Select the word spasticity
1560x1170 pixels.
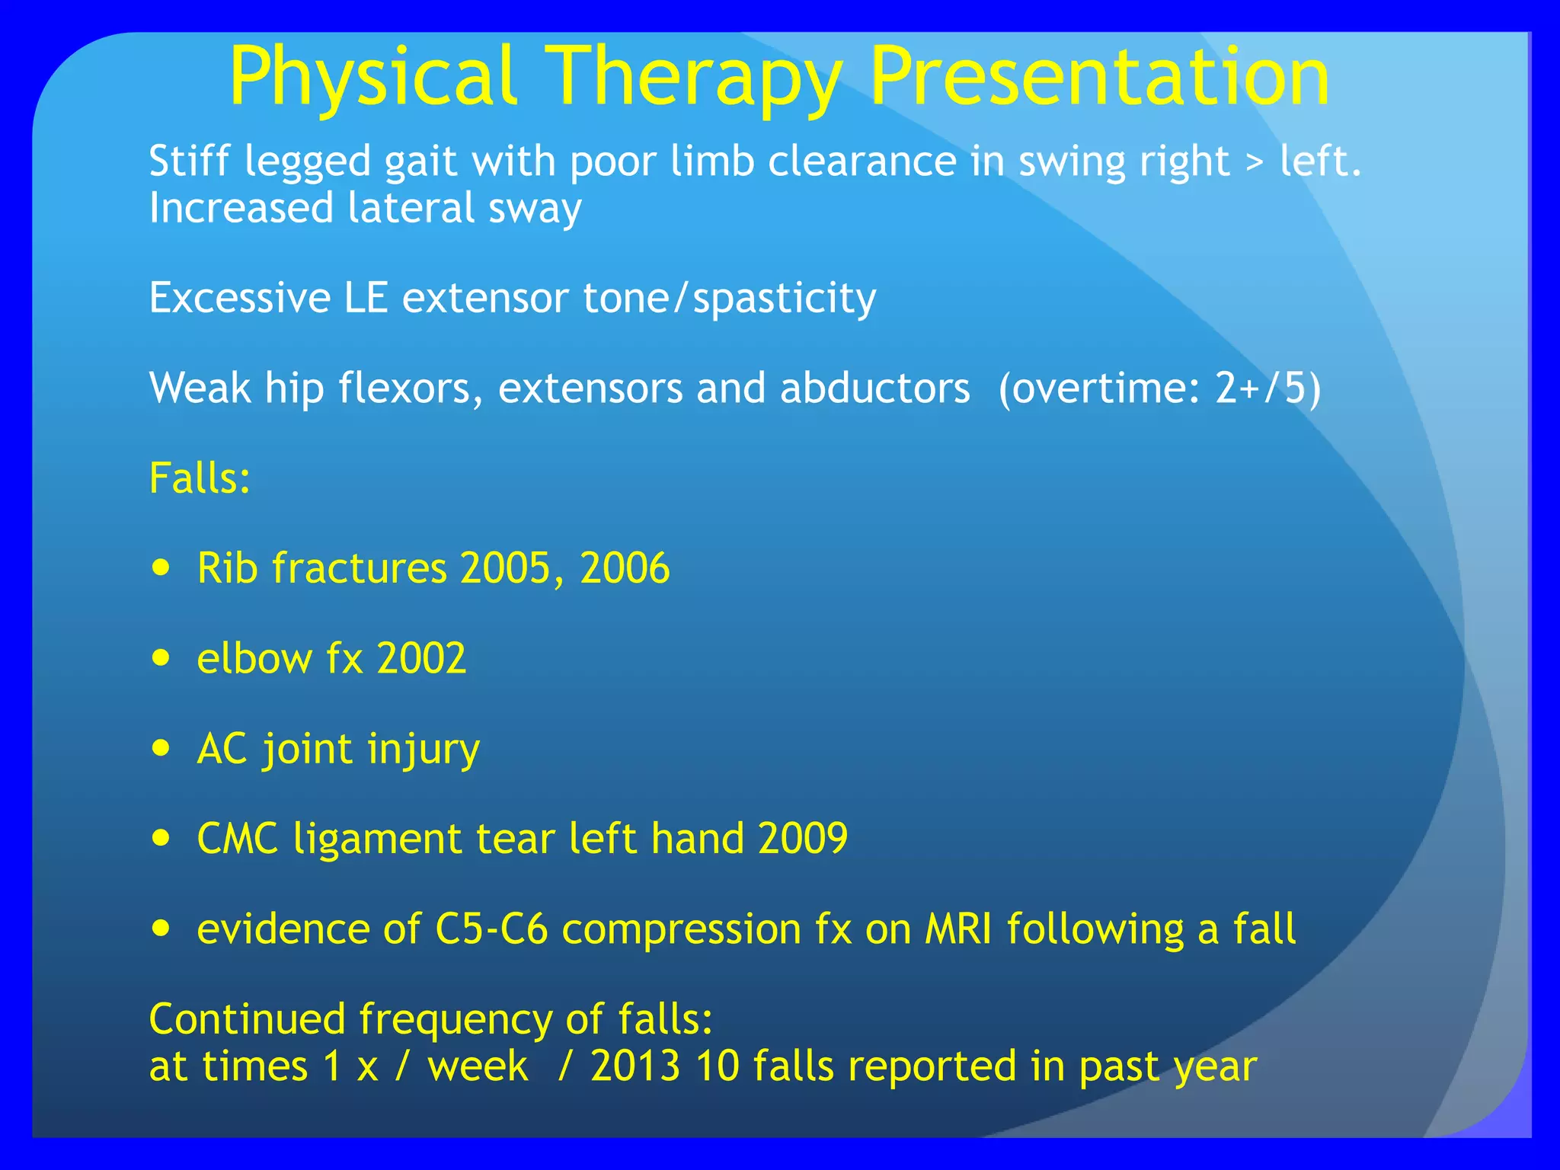(x=784, y=299)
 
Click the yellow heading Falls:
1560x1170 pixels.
(x=200, y=478)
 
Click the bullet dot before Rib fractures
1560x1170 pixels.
(x=161, y=567)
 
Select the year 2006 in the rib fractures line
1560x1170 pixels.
(x=625, y=568)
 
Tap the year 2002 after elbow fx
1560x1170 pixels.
(x=421, y=658)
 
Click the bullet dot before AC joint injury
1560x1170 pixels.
(x=161, y=748)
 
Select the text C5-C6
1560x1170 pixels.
(x=491, y=929)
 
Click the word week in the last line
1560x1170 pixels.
(x=478, y=1066)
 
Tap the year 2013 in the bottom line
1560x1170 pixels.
(x=635, y=1066)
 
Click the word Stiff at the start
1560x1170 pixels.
(x=189, y=161)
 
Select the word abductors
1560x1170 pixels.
(x=874, y=388)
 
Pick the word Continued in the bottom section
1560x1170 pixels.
(x=247, y=1019)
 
